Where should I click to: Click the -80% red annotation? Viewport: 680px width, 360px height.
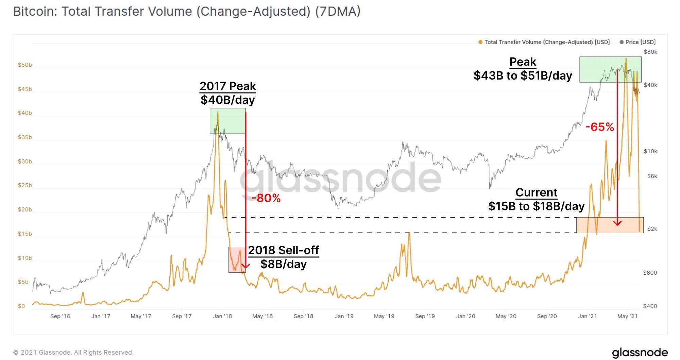tap(266, 198)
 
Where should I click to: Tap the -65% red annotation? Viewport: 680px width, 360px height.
tap(599, 127)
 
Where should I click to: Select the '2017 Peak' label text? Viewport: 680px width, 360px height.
tap(227, 86)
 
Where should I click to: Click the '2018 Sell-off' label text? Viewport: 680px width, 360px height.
tap(283, 250)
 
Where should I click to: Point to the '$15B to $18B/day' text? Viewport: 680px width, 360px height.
tap(536, 206)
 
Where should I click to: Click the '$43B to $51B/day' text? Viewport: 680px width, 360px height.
tap(523, 75)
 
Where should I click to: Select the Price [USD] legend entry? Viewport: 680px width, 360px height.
tap(637, 42)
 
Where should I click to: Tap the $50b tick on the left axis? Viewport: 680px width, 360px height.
tap(25, 65)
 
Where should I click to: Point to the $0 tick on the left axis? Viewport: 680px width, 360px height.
tap(21, 306)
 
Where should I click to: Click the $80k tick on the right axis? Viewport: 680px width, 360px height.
tap(650, 52)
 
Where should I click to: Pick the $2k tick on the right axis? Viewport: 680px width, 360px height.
tap(652, 229)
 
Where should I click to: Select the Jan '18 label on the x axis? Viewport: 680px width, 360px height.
tap(222, 316)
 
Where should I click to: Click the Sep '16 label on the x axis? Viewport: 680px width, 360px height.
tap(60, 316)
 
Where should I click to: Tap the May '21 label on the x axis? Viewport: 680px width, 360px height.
tap(627, 316)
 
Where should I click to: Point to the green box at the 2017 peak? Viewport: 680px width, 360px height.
tap(227, 121)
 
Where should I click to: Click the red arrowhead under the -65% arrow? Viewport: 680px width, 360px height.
tap(617, 223)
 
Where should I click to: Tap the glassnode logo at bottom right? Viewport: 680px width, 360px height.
tap(640, 353)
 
